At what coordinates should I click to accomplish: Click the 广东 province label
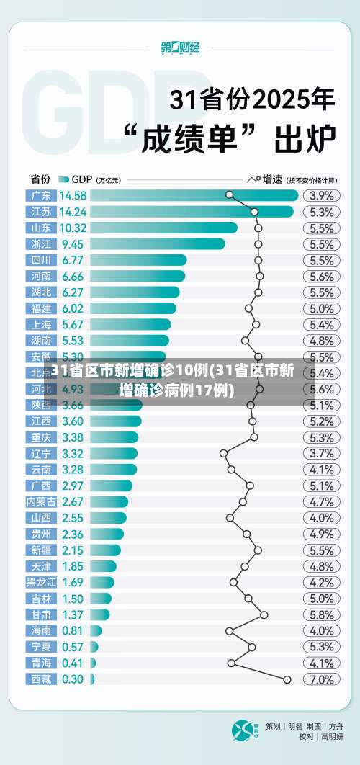[x=41, y=195]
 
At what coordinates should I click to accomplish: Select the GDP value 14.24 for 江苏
[x=73, y=212]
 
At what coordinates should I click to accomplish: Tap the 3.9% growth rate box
[x=321, y=195]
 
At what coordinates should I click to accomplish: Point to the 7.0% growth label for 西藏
[x=321, y=679]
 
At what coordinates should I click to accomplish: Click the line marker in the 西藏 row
[x=287, y=679]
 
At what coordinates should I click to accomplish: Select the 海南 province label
[x=41, y=630]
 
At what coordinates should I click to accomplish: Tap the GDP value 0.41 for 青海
[x=72, y=663]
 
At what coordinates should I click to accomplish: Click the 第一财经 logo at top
[x=180, y=48]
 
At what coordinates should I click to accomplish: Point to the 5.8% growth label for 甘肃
[x=321, y=614]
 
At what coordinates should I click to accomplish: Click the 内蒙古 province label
[x=41, y=501]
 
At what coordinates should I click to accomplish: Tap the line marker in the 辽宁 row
[x=223, y=453]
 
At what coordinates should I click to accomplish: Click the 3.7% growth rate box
[x=321, y=453]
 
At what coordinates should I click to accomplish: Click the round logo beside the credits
[x=243, y=730]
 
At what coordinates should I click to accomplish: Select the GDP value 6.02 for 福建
[x=73, y=308]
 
